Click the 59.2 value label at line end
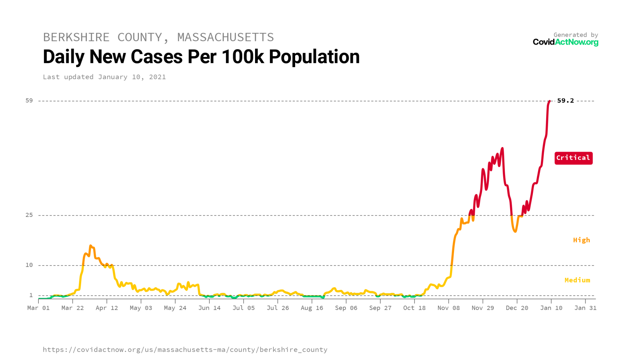[565, 101]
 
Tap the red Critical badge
[573, 158]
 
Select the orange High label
[581, 240]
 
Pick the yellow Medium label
[577, 280]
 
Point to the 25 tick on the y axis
[29, 215]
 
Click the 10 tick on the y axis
[29, 265]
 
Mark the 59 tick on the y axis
[29, 101]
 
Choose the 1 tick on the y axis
[31, 295]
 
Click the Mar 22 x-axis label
[72, 308]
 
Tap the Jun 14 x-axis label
[209, 308]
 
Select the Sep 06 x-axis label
[346, 308]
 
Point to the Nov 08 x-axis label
[448, 308]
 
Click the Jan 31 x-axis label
[585, 308]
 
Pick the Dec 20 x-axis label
[517, 308]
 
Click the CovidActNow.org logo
[565, 42]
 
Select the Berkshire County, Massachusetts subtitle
[158, 37]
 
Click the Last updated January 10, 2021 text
[104, 77]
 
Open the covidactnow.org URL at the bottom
[185, 350]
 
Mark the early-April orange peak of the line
[91, 246]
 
